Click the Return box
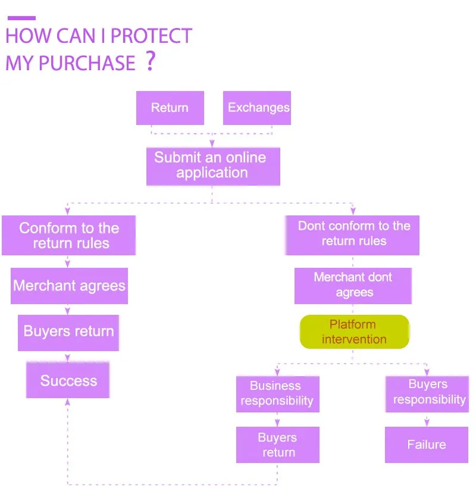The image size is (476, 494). coord(170,108)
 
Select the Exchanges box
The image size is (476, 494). coord(257,108)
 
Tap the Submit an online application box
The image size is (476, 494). coord(212,166)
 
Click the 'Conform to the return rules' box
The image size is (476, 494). coord(69,236)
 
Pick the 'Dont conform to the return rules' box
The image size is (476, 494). coord(353,234)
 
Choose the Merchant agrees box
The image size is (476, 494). coord(69,286)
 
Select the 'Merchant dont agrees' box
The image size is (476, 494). coord(353,285)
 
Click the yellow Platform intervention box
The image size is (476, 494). coord(354,332)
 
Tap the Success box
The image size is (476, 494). coord(68,381)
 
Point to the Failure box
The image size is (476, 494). coord(426,445)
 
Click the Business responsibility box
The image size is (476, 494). coord(277,393)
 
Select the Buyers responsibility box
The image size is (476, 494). coord(427,393)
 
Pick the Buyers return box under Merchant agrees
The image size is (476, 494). coord(68,332)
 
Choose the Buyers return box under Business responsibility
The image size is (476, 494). coord(277,445)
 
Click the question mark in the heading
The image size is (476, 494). coord(150,61)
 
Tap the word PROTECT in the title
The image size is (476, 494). coord(151,36)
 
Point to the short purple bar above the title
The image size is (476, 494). coord(21,18)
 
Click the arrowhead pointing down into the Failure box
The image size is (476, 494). coord(427,423)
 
